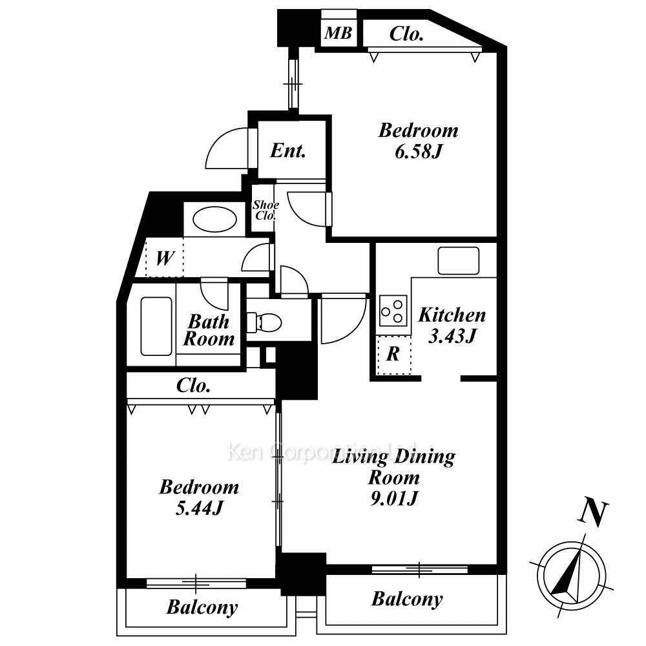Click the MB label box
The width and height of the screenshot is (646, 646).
click(339, 32)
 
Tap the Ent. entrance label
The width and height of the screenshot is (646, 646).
click(288, 151)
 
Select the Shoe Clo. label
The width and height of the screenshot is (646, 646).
click(266, 210)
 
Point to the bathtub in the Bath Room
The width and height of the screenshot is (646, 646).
click(156, 326)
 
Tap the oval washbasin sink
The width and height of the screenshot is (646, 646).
click(214, 219)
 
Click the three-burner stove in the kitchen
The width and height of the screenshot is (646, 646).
click(393, 311)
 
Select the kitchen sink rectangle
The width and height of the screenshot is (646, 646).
click(458, 260)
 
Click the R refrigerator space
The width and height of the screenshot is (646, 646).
click(394, 354)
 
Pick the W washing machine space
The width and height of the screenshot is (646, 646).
click(165, 258)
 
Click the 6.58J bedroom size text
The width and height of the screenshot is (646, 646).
click(418, 152)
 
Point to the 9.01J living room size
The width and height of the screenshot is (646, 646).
click(394, 498)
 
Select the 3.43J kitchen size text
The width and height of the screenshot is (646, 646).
click(452, 336)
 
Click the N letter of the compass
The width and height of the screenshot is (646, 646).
click(593, 513)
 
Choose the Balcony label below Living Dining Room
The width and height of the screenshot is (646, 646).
click(407, 599)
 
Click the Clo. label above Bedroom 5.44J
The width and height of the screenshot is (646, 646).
click(193, 386)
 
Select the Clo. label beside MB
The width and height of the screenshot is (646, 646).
click(406, 34)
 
